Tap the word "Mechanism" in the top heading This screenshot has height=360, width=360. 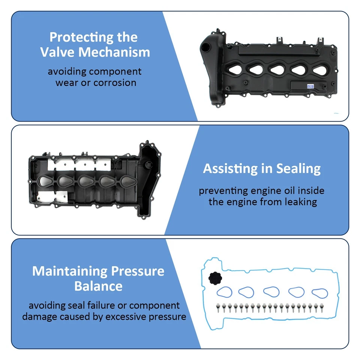[x=114, y=52]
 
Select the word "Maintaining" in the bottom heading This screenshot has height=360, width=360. [x=69, y=271]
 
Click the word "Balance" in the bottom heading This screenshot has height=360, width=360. [x=98, y=286]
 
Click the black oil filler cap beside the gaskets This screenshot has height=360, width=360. [x=212, y=279]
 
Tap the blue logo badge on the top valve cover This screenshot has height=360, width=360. [x=310, y=86]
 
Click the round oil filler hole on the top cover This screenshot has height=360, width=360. [x=206, y=48]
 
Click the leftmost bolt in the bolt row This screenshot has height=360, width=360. [x=218, y=309]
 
